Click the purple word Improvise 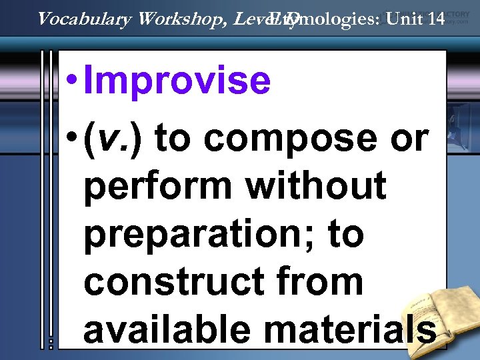178,81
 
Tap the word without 316,185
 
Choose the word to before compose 177,139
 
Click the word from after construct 329,281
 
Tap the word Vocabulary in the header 85,19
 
